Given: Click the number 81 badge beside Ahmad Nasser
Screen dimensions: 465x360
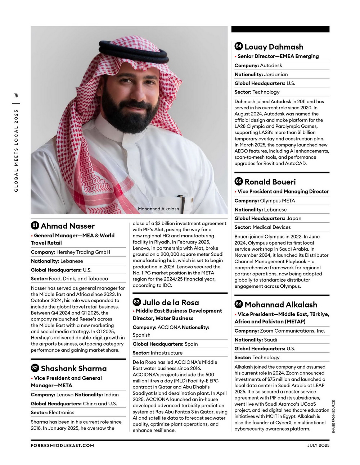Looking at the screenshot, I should tap(35, 225).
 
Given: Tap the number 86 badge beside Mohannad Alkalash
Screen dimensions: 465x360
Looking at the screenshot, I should tap(239, 304).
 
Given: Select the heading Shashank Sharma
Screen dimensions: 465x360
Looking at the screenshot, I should tap(74, 368).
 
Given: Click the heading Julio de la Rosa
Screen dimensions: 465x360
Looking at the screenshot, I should tap(171, 302).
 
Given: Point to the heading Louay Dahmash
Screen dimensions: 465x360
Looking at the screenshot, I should tap(274, 47).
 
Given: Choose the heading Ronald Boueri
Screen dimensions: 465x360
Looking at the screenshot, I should tap(270, 182).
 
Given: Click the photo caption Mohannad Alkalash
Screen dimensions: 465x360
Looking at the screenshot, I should tap(158, 209).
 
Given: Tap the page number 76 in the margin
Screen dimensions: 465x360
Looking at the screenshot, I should tap(16, 95).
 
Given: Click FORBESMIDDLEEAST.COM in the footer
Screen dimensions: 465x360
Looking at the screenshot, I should tap(62, 445).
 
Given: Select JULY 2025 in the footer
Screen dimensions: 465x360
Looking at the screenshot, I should tap(318, 445).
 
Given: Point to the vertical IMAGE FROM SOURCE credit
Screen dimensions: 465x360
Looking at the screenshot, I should tap(333, 416).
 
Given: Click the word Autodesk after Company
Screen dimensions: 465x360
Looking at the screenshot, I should tap(271, 65).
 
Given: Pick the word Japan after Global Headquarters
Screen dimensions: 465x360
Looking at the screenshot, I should tap(294, 218).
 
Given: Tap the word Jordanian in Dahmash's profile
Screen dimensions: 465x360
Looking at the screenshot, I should tap(276, 74).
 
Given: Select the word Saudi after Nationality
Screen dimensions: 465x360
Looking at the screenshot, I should tap(270, 339).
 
